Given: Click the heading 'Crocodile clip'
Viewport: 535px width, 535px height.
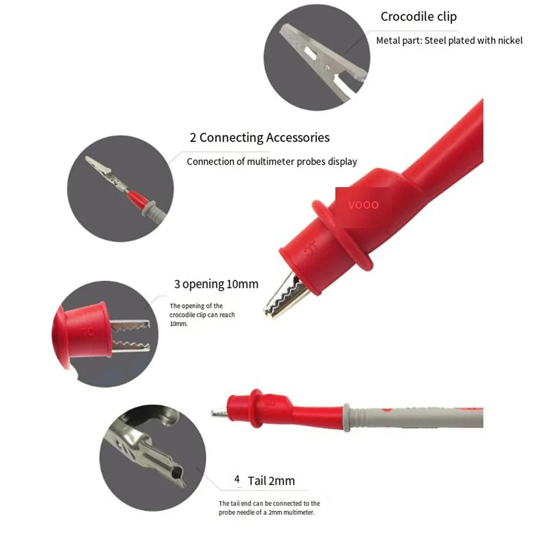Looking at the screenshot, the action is (x=418, y=17).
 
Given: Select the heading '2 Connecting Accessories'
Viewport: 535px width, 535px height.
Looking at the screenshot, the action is (x=260, y=137).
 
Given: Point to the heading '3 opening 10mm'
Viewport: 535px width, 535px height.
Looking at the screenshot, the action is (x=216, y=284).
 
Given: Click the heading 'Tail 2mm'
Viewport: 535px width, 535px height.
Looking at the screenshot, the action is (x=272, y=480).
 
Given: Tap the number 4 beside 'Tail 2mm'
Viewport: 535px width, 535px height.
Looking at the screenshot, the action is (x=237, y=479).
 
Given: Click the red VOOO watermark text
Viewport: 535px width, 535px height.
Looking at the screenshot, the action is (x=363, y=205).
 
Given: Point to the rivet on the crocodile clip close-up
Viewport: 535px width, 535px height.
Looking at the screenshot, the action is (x=327, y=67).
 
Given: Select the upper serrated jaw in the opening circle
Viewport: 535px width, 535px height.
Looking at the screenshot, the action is (x=130, y=326).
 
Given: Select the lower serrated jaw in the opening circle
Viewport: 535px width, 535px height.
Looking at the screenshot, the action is (x=131, y=346).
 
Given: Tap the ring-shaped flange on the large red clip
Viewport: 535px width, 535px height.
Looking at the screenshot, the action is (x=341, y=235).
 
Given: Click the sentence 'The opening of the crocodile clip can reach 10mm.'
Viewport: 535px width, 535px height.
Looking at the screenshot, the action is (x=203, y=315).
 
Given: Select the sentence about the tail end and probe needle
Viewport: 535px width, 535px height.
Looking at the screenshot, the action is (x=269, y=508).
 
